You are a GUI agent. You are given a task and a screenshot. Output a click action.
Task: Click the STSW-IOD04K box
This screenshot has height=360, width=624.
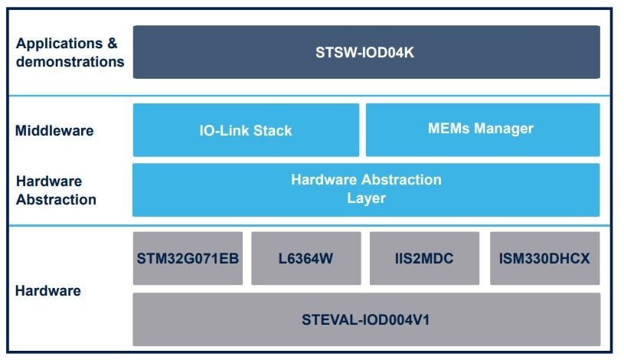click(366, 52)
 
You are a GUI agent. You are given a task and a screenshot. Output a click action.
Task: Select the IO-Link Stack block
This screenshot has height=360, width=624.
click(246, 129)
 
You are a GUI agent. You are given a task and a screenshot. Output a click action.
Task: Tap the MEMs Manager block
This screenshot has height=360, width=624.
click(482, 129)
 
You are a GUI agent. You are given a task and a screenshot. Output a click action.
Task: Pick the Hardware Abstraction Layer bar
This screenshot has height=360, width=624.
click(366, 189)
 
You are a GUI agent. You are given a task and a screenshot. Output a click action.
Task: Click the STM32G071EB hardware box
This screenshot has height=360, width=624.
click(188, 258)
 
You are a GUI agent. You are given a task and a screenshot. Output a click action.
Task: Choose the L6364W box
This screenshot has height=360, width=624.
click(306, 258)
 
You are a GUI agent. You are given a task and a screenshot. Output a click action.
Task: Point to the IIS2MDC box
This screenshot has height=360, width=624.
click(425, 258)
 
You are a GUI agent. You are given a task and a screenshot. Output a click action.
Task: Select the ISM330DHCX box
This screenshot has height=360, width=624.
click(544, 258)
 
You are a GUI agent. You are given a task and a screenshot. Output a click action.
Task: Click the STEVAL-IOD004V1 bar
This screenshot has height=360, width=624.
click(366, 318)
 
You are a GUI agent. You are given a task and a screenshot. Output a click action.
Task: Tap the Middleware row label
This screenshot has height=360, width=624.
click(54, 131)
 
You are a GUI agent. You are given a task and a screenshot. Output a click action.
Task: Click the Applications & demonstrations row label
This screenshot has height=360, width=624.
click(70, 53)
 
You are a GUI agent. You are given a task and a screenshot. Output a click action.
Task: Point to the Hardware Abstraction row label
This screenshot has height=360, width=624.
click(56, 191)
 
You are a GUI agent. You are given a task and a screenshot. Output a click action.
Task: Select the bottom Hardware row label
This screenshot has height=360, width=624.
click(47, 291)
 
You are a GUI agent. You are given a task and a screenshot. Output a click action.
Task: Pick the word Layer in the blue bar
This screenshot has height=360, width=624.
click(366, 198)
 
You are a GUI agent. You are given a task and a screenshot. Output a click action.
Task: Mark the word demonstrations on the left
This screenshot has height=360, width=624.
click(70, 62)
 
